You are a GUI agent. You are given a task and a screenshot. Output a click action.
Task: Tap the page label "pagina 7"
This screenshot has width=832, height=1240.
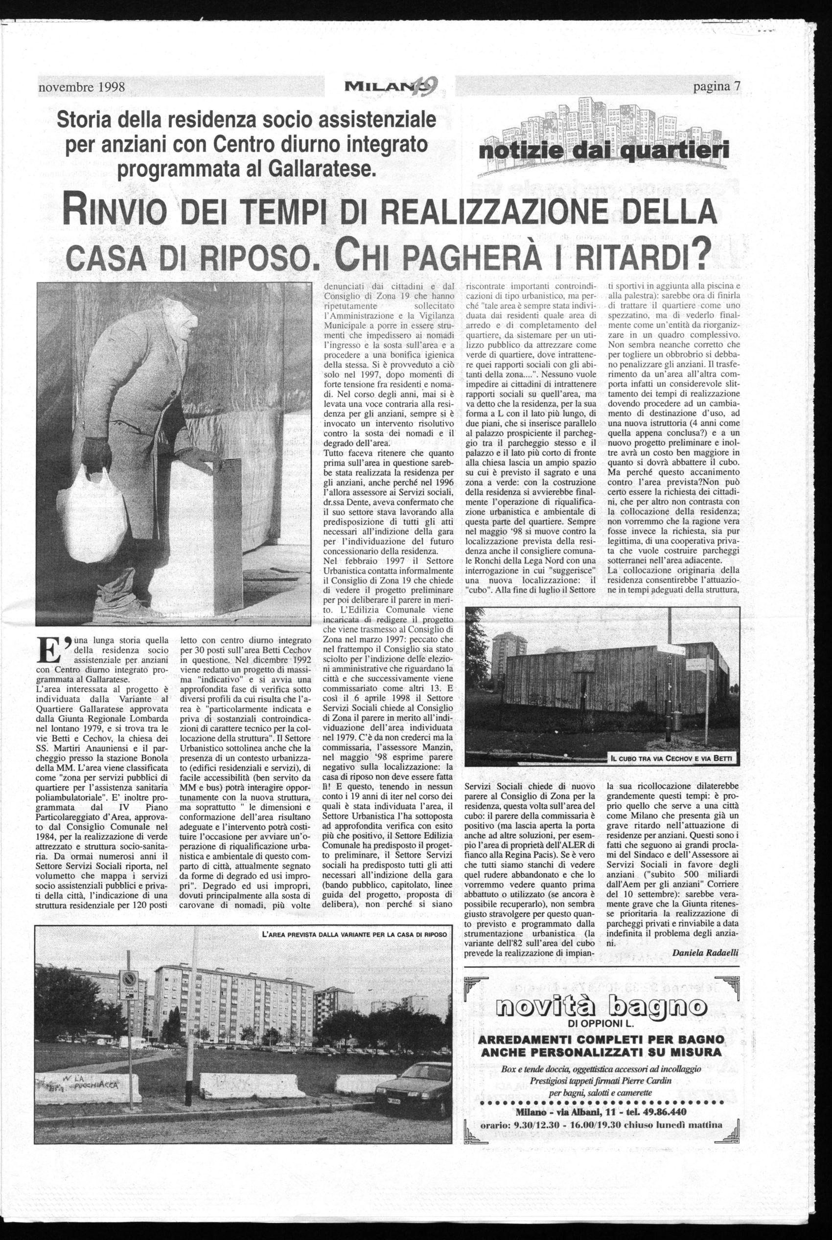pos(716,87)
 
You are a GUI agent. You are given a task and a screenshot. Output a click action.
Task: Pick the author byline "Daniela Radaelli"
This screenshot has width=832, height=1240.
pos(705,952)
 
